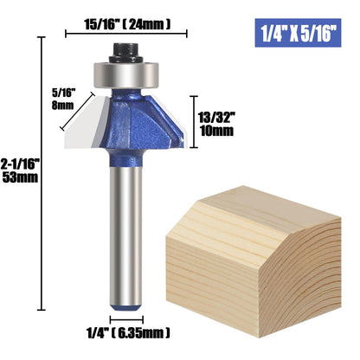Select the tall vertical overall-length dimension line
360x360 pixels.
[42, 173]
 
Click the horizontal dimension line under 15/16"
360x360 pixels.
[126, 35]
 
